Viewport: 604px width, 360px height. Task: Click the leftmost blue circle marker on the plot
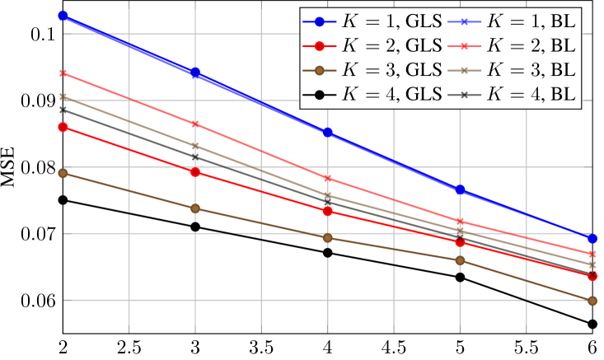[x=63, y=16]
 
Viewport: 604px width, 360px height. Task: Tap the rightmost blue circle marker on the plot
[x=592, y=238]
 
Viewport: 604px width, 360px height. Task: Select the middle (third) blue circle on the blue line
[x=328, y=133]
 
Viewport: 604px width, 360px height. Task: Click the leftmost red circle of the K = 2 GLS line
[x=63, y=127]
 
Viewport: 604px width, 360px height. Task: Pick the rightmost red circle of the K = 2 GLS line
[x=592, y=277]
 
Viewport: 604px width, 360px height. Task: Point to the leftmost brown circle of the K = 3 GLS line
[x=63, y=173]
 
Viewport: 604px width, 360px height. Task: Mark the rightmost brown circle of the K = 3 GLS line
[x=592, y=301]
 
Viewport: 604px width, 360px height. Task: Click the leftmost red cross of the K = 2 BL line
[x=63, y=73]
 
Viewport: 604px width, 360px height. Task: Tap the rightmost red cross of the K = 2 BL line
[x=592, y=254]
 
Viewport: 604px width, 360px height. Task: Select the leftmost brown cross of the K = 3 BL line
[x=63, y=97]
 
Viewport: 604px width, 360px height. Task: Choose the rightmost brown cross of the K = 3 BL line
[x=592, y=264]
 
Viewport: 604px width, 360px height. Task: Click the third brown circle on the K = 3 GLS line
[x=328, y=238]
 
